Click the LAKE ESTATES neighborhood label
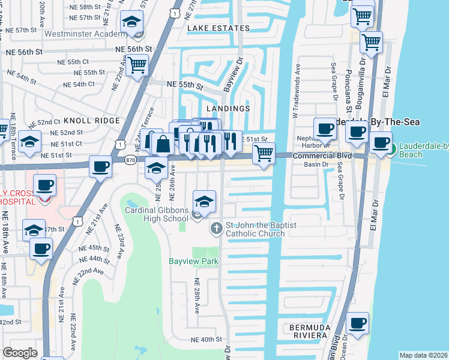[218, 28]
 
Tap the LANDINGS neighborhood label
[228, 109]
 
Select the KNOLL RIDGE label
[92, 121]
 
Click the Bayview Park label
[193, 261]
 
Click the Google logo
[20, 353]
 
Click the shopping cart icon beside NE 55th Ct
[137, 65]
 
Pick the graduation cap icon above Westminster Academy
[130, 22]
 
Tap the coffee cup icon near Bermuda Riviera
[359, 323]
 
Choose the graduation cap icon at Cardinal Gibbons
[204, 201]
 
